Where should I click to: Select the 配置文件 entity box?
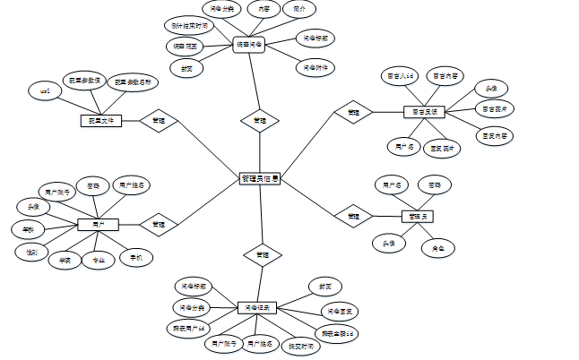coord(99,121)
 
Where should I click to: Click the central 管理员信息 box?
coord(259,179)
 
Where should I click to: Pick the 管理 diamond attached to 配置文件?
coord(159,121)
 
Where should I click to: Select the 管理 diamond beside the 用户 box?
coord(159,224)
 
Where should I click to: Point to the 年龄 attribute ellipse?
coord(28,230)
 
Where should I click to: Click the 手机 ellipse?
coord(136,257)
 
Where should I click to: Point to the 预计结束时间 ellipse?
coord(190,27)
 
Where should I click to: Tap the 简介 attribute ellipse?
coord(299,9)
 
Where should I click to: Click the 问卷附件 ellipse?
coord(314,66)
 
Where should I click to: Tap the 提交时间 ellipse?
coord(300,346)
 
